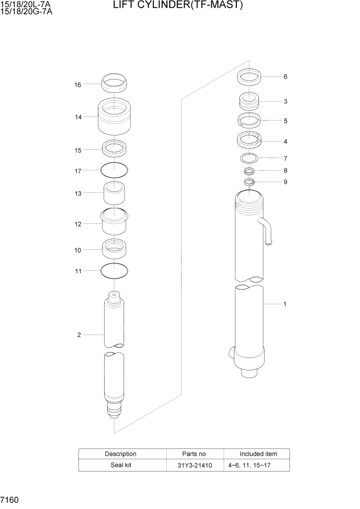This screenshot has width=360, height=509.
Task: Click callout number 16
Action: pos(78,85)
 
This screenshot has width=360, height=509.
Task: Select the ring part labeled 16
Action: pos(114,81)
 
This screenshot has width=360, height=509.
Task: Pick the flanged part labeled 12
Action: pos(114,221)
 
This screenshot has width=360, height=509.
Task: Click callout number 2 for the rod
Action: pos(79,335)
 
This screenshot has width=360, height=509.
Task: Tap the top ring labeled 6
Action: pos(250,77)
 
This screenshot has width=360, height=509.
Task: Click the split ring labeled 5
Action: pos(250,121)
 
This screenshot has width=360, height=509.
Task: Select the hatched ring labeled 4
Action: pos(250,140)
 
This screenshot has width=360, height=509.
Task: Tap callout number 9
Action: pos(285,182)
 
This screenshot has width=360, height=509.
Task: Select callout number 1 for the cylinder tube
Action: pos(285,304)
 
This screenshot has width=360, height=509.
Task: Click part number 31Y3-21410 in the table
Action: pos(195,465)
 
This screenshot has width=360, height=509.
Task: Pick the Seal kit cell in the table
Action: pos(121,465)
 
